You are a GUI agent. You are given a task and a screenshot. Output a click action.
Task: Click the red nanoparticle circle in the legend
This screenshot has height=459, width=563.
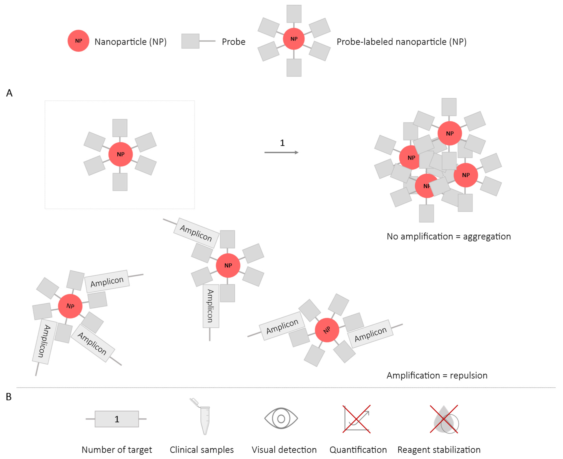[x=78, y=41]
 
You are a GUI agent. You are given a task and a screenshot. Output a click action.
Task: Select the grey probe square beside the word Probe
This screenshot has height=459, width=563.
[x=190, y=41]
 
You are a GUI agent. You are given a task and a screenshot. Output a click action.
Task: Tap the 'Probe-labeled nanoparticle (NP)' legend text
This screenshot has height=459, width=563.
[x=401, y=42]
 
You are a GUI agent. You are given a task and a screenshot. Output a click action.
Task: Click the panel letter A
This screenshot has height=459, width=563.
[x=9, y=93]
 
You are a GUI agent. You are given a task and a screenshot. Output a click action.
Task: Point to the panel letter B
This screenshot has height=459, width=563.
[x=9, y=397]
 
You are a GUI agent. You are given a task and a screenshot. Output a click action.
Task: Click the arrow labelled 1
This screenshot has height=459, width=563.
[x=282, y=152]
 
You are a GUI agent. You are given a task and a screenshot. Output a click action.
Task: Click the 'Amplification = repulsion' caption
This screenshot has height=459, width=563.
[x=437, y=375]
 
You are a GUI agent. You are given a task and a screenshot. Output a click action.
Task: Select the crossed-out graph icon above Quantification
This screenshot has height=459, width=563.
[x=356, y=419]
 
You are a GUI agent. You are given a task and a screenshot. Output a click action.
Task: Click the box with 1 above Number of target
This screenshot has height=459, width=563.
[x=117, y=419]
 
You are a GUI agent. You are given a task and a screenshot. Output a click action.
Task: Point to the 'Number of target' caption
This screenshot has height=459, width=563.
[x=117, y=450]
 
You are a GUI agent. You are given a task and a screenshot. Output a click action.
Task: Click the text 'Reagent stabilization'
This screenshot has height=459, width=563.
[x=439, y=450]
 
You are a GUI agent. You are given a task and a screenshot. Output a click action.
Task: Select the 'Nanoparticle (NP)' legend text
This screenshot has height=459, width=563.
[x=130, y=42]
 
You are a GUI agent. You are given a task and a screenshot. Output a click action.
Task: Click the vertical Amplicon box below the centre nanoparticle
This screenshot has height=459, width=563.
[x=211, y=306]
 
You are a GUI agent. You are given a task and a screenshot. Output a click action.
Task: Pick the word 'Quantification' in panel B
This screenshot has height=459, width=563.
[x=358, y=450]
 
